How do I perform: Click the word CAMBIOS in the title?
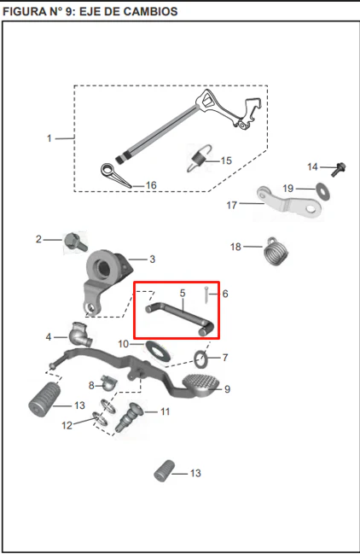pos(151,11)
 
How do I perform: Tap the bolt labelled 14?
pos(339,169)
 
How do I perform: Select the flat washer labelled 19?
pos(323,191)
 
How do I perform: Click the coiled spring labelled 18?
pos(276,251)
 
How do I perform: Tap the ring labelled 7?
pos(201,359)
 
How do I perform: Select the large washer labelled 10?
pos(158,351)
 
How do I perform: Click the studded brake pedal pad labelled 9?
pos(200,385)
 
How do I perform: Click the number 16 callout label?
pos(151,185)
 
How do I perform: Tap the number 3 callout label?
pos(152,259)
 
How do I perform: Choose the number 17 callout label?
pos(231,205)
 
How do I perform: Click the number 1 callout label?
pos(49,138)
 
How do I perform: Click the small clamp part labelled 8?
pos(108,382)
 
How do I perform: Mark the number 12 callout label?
pos(67,425)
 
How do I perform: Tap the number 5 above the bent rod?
pos(183,293)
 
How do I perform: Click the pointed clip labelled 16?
pos(114,174)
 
